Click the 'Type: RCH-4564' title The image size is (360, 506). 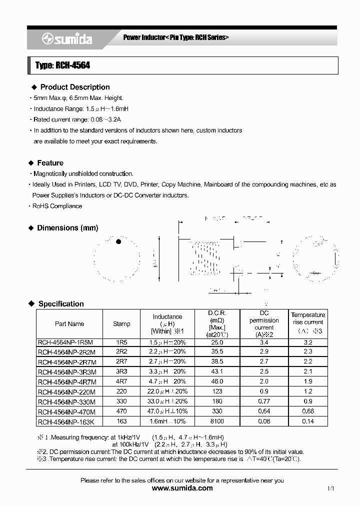click(x=62, y=65)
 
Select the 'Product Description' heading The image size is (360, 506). click(x=75, y=87)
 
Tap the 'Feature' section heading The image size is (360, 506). click(x=50, y=163)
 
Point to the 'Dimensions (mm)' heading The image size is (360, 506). click(x=67, y=228)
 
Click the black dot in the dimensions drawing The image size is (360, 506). click(x=118, y=242)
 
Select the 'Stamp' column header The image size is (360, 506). click(x=121, y=324)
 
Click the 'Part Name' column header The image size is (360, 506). click(x=69, y=324)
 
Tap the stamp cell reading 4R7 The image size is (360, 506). click(x=121, y=381)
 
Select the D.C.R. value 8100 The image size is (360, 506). click(x=217, y=421)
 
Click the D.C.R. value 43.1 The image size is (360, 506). click(x=217, y=371)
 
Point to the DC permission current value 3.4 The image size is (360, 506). click(x=264, y=342)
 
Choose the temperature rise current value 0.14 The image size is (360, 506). click(x=308, y=421)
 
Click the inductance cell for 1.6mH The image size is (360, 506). click(x=167, y=421)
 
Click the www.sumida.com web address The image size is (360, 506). click(x=182, y=488)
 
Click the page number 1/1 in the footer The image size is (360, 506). click(x=330, y=488)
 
